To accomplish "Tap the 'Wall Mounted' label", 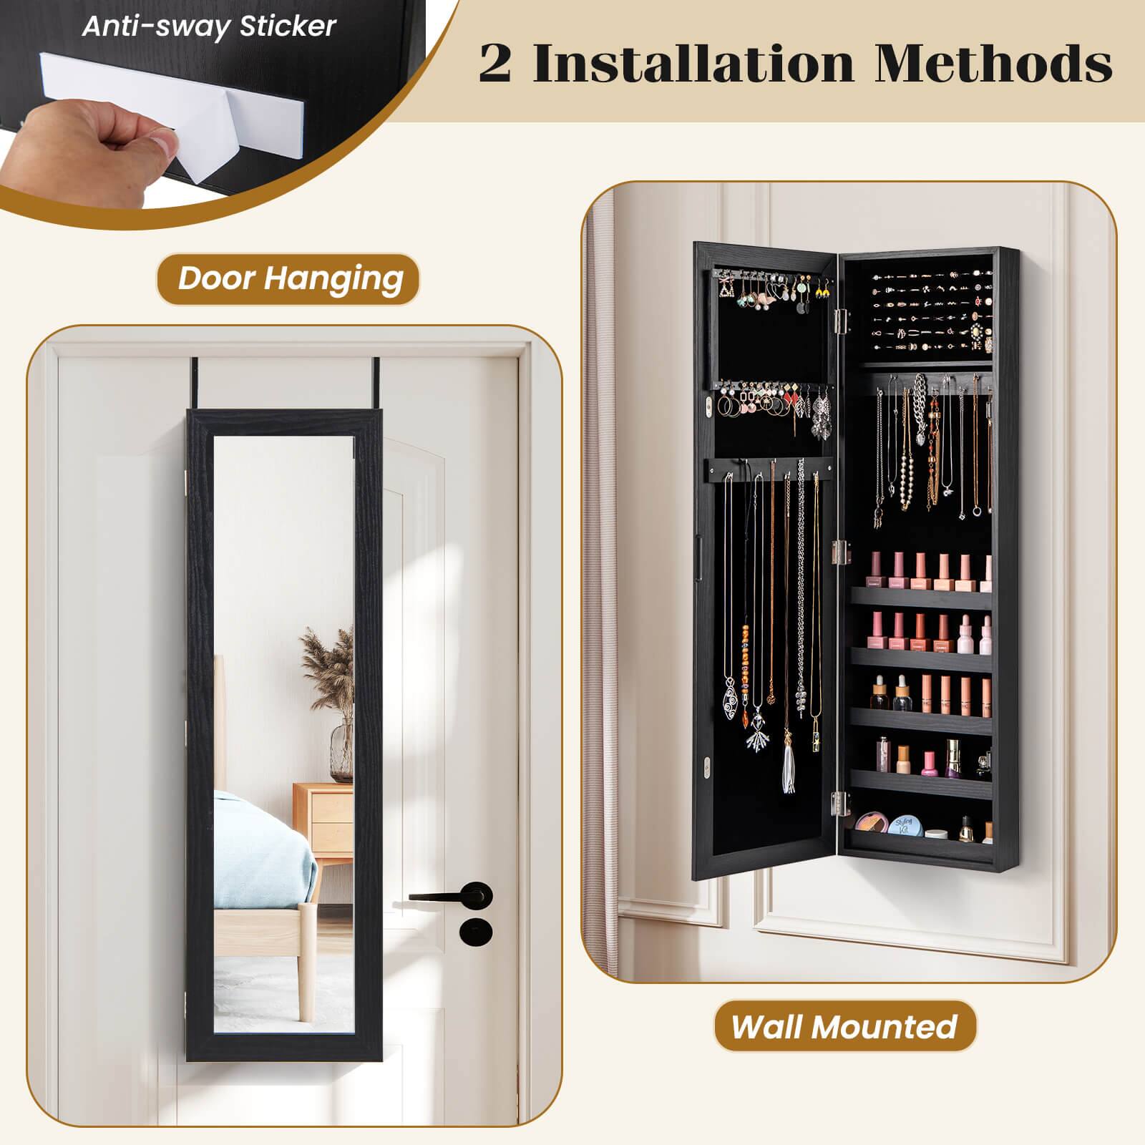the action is point(844,1026).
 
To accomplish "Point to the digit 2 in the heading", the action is point(495,64).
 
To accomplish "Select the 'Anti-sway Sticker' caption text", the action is point(209,26).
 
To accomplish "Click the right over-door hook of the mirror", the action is point(373,382).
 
